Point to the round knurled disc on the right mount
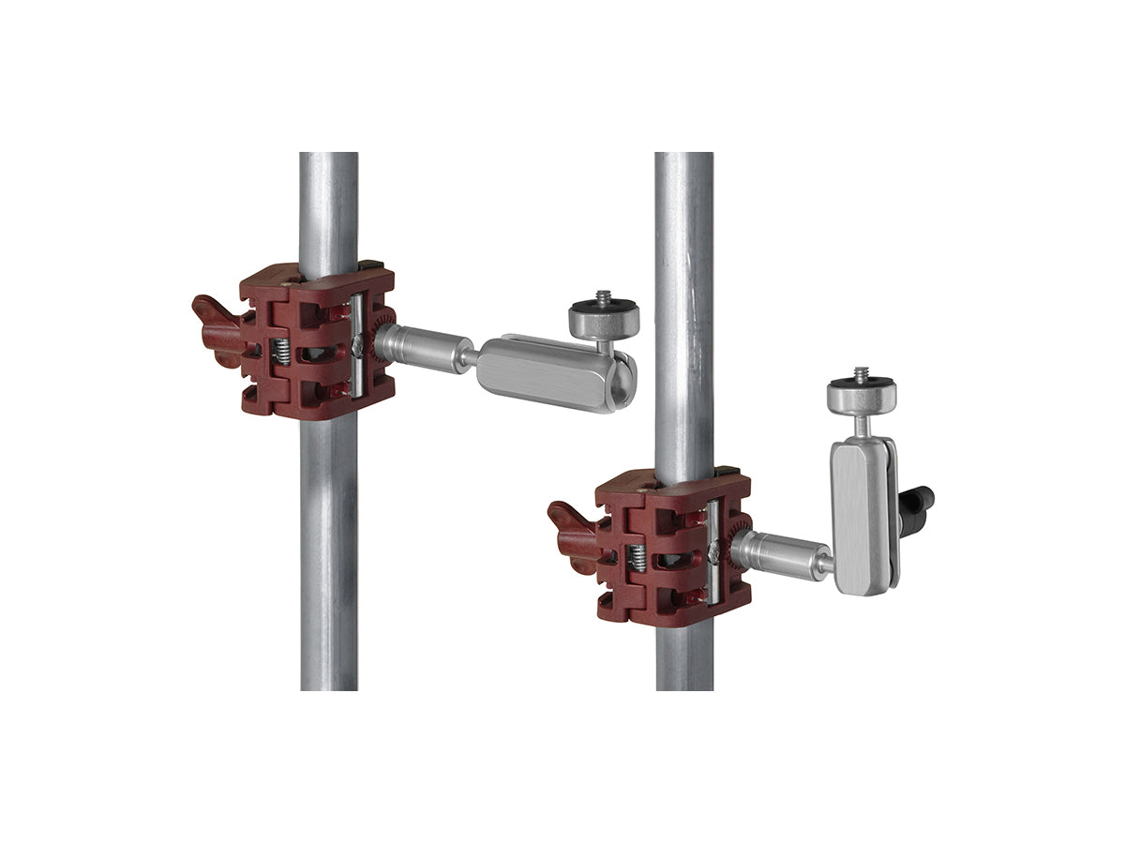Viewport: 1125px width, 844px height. click(861, 396)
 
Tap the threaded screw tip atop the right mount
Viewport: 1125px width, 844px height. click(861, 373)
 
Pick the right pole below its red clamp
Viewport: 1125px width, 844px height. click(684, 656)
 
